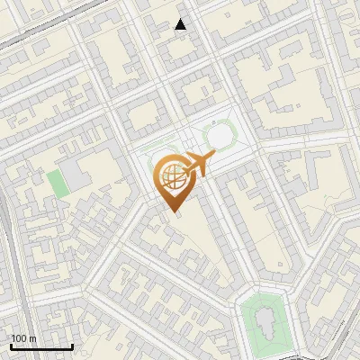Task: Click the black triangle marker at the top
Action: [x=181, y=24]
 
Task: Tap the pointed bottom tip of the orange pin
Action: [x=173, y=213]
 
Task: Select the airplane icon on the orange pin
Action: [x=198, y=166]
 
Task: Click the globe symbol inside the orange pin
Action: [x=172, y=177]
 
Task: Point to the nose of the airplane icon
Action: [x=213, y=157]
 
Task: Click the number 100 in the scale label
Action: [x=18, y=338]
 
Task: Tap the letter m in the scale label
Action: [x=31, y=338]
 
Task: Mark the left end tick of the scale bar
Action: [x=11, y=346]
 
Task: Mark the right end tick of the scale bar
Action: [x=72, y=346]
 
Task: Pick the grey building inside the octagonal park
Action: [x=265, y=321]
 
